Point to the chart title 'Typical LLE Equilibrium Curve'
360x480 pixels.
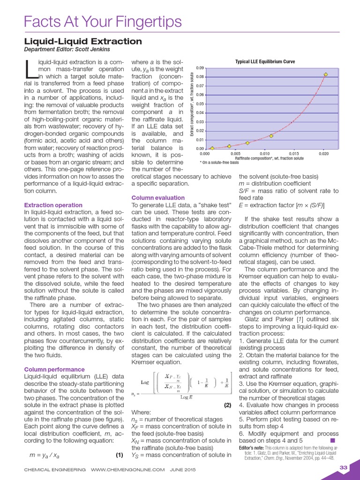pos(265,62)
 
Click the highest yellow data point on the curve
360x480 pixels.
pos(326,74)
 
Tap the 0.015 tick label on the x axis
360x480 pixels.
pos(293,154)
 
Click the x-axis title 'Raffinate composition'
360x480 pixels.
pos(265,158)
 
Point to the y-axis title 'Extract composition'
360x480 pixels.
pos(192,105)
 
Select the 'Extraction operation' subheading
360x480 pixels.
pos(53,205)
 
